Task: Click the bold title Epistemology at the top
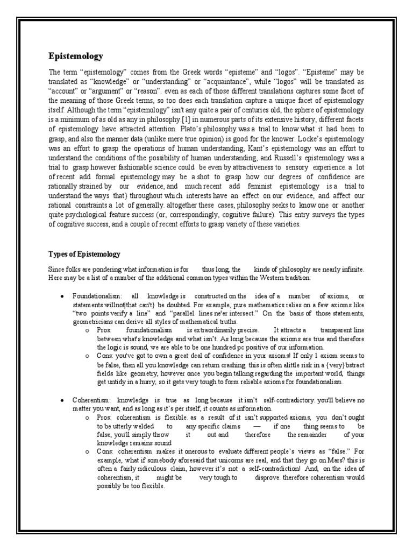(76, 56)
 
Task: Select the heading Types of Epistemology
(84, 254)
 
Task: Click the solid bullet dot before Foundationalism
(63, 296)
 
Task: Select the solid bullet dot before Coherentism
(63, 400)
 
